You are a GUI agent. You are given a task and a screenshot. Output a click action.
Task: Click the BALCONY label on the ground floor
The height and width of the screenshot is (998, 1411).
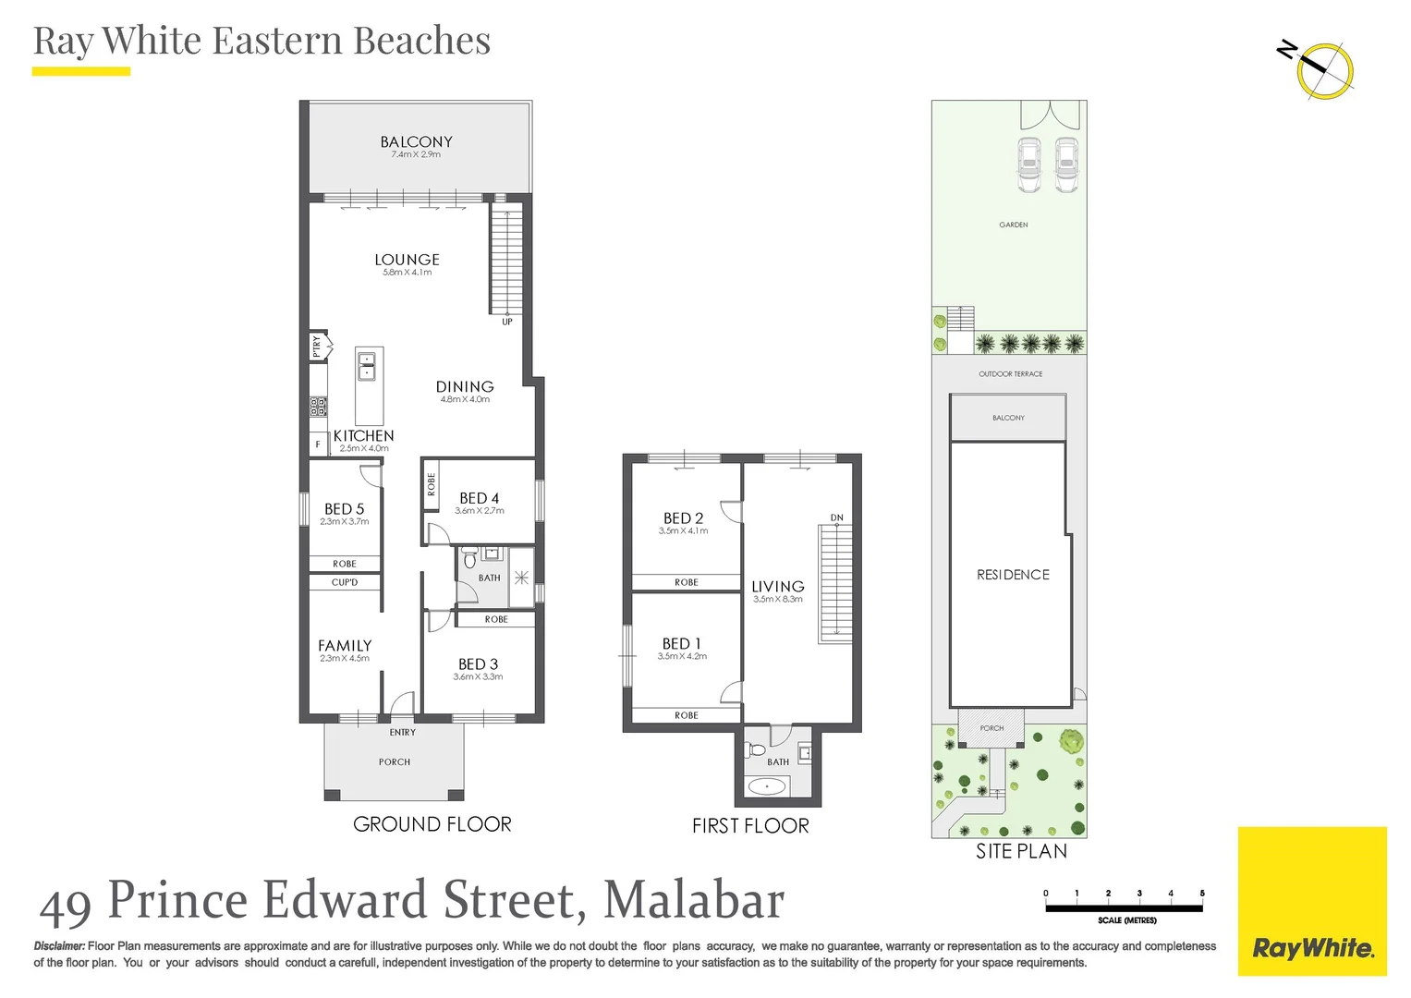pos(416,142)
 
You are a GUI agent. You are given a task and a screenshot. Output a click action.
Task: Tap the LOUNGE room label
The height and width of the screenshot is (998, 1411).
pos(407,261)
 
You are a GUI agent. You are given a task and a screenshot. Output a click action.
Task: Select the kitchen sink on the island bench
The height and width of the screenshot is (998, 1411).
pos(367,366)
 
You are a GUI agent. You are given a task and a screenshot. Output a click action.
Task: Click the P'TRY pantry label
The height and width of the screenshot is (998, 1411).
pos(317,347)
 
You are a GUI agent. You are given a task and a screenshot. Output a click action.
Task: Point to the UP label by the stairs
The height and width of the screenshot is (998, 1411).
pos(507,322)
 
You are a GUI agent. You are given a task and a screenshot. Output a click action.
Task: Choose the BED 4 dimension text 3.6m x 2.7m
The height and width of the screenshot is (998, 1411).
pos(480,511)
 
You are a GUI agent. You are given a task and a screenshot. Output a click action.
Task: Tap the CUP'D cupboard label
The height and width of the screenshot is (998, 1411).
pos(345,582)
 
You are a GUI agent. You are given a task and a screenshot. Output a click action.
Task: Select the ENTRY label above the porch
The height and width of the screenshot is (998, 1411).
pos(402,733)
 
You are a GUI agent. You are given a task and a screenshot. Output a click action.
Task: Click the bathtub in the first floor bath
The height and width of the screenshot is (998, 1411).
pos(767,786)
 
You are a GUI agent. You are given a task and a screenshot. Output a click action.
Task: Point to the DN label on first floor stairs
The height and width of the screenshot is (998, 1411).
pos(836,517)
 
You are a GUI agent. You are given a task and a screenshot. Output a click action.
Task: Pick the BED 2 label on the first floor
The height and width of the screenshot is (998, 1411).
pos(683,518)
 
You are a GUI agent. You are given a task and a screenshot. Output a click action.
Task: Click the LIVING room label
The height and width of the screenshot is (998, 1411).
pos(777,587)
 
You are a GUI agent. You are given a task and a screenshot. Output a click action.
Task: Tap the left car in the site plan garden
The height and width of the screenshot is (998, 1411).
pos(1028,164)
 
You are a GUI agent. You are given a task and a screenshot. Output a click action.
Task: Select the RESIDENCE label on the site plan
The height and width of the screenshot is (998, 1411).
pos(1013,575)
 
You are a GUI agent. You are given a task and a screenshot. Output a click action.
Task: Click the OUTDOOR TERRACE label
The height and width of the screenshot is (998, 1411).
pos(1010,374)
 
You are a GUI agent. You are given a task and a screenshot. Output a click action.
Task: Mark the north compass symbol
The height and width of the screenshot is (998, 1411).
pos(1323,69)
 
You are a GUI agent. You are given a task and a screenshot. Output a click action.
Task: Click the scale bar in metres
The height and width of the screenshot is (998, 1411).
pos(1124,908)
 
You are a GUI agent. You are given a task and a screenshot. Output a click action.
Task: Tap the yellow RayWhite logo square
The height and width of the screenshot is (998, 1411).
pos(1312,901)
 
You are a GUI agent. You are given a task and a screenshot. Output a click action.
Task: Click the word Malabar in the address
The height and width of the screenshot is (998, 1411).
pos(693,900)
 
